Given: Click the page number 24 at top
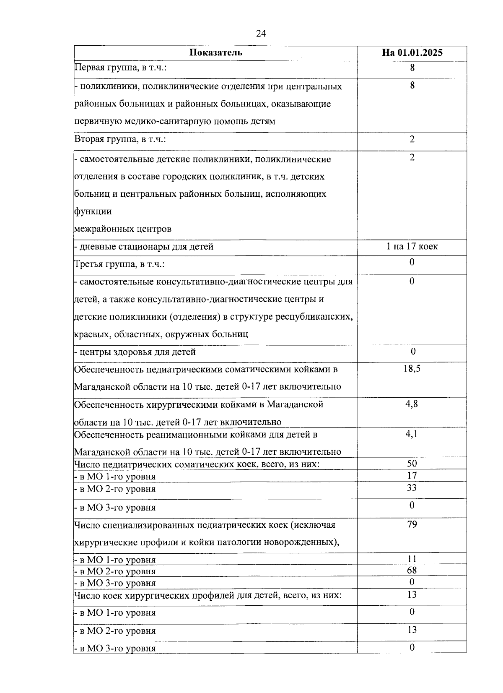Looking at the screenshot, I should click(x=261, y=34).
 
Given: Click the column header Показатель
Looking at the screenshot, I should click(x=215, y=53).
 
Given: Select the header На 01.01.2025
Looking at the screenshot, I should click(x=412, y=53).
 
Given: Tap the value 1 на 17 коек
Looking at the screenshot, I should click(x=412, y=246).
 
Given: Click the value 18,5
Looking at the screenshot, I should click(x=412, y=369).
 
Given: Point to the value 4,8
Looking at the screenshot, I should click(x=412, y=404).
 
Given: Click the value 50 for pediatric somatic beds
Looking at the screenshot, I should click(x=412, y=464).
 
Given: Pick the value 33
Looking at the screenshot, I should click(x=412, y=488).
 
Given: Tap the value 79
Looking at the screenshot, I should click(x=412, y=524).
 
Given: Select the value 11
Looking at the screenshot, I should click(x=412, y=559).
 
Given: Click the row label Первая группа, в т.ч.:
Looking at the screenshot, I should click(x=120, y=67).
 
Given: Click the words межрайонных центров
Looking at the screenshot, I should click(x=123, y=229).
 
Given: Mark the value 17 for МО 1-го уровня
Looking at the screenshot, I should click(x=412, y=476).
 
